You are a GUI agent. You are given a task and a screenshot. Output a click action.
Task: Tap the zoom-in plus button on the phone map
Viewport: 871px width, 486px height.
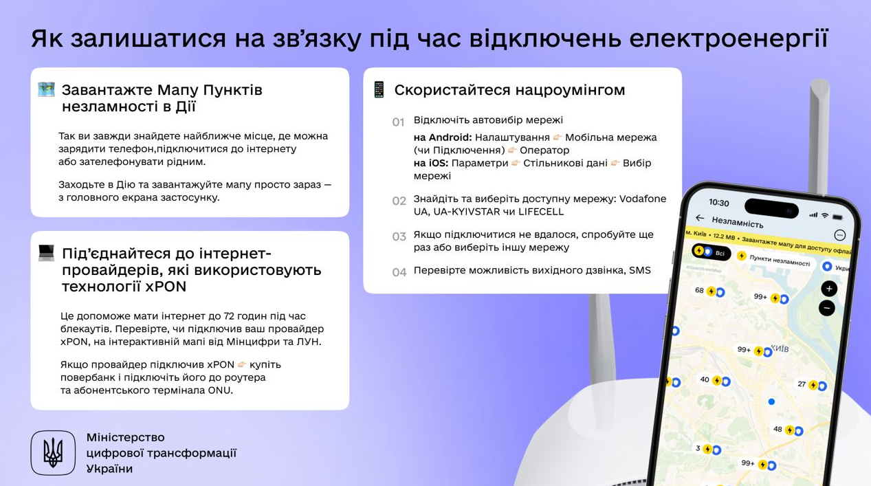tap(829, 289)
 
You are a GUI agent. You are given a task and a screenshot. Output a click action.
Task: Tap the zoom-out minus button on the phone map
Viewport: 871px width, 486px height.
tap(827, 308)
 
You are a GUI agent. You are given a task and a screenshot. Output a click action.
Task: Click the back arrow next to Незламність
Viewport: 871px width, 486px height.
tap(700, 218)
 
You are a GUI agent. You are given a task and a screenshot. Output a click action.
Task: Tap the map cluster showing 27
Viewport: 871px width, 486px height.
tap(812, 385)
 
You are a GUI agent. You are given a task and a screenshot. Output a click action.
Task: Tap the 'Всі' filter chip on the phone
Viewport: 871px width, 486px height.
tap(711, 252)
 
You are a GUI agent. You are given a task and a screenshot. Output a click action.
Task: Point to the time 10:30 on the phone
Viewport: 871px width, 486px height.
tap(718, 203)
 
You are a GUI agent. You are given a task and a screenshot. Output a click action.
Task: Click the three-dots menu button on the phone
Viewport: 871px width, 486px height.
tap(839, 235)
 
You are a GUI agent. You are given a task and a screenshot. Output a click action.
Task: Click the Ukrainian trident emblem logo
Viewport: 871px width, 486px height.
tap(53, 453)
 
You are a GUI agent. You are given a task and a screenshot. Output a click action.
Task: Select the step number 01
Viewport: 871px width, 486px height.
tap(399, 122)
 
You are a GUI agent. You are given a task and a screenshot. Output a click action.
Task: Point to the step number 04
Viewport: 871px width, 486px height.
tap(399, 272)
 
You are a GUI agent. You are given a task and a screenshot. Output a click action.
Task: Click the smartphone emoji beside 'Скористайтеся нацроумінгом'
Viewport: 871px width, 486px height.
tap(379, 89)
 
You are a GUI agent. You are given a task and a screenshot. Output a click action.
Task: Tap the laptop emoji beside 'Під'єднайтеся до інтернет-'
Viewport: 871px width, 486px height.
tap(46, 253)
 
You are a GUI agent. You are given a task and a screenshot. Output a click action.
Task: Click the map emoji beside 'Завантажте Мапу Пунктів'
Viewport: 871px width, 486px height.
tap(46, 89)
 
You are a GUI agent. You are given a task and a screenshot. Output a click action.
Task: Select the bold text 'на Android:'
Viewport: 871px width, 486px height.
tap(442, 137)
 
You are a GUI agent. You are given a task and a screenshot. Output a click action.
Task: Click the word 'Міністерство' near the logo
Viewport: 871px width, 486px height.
tap(126, 437)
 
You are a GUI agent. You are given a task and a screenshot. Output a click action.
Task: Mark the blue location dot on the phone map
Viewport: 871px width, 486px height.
tap(771, 401)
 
